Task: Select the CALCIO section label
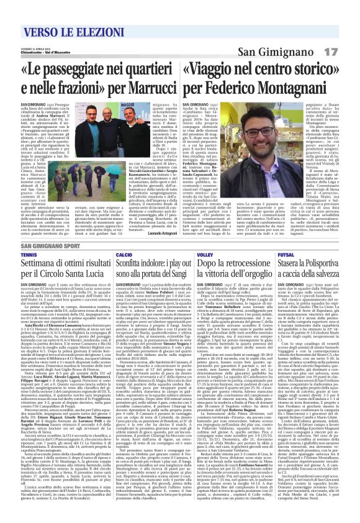(x=123, y=254)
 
